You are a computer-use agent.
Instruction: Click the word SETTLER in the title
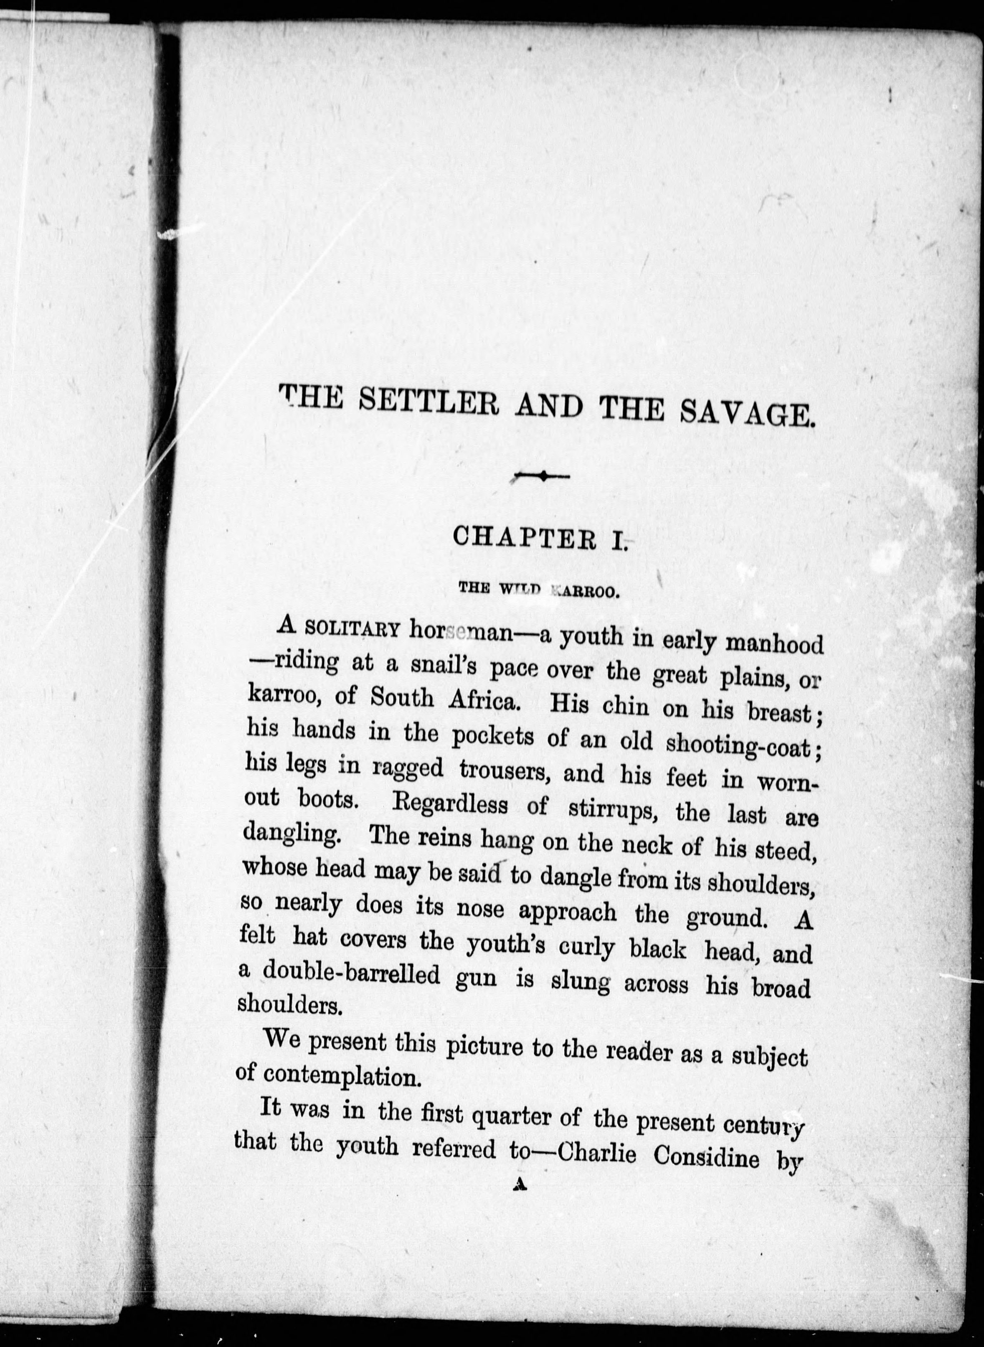[x=429, y=406]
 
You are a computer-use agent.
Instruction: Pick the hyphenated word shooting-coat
[x=738, y=745]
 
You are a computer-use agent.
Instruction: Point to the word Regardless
[x=450, y=806]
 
